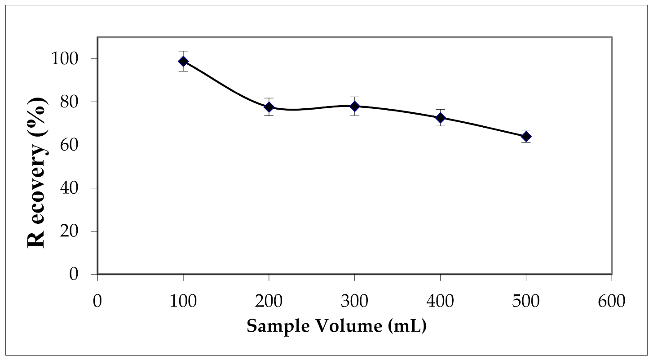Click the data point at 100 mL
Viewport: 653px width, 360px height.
tap(183, 61)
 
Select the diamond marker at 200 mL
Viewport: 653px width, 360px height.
tap(269, 107)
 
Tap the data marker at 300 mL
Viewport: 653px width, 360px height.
tap(355, 106)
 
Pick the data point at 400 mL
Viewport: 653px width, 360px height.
tap(441, 118)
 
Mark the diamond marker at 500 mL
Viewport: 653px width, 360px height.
tap(526, 137)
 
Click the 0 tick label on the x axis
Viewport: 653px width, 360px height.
tap(97, 301)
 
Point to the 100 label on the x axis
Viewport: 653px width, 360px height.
tap(183, 301)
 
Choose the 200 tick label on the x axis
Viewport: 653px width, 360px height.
tap(269, 301)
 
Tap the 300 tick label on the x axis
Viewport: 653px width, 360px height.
tap(355, 301)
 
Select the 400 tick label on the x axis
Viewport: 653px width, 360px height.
tap(441, 301)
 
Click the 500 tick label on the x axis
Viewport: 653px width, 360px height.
tap(526, 301)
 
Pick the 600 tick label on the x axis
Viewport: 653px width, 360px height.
tap(612, 301)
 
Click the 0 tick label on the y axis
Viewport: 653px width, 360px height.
tap(84, 274)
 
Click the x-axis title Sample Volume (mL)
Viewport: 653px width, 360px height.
tap(336, 326)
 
